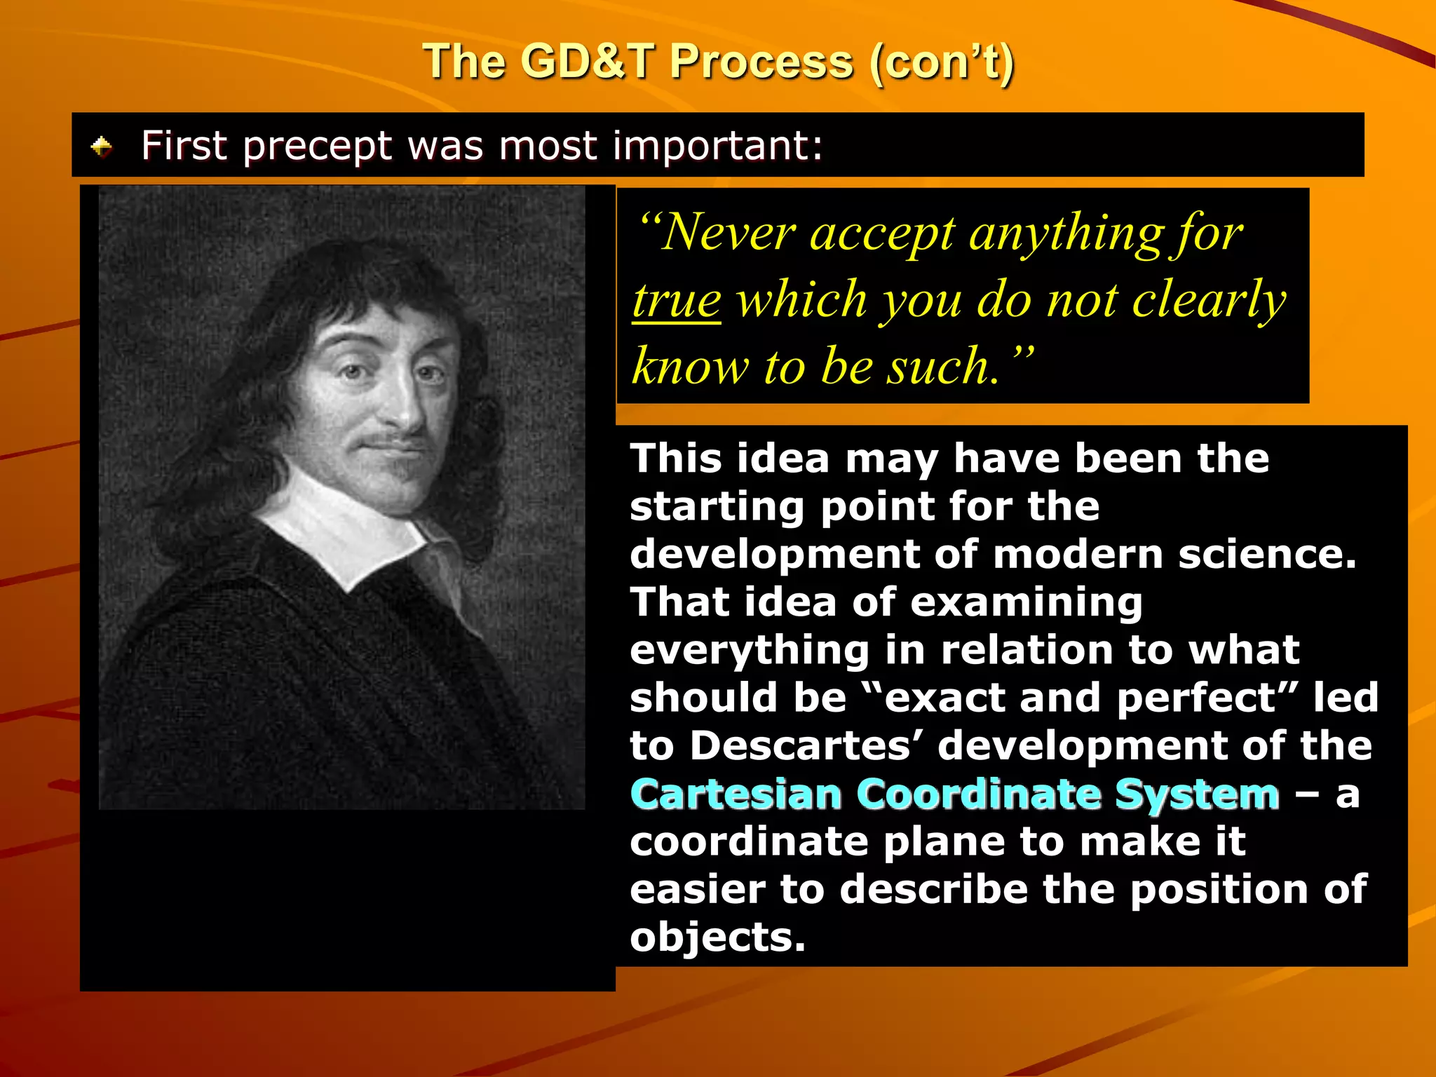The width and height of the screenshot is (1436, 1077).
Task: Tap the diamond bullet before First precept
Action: [x=102, y=147]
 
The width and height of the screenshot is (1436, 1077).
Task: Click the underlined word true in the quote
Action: [x=677, y=300]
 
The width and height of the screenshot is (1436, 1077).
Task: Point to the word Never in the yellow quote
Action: [x=726, y=233]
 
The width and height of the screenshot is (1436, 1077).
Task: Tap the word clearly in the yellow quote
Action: [x=1209, y=300]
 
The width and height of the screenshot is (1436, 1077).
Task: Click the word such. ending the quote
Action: [x=942, y=367]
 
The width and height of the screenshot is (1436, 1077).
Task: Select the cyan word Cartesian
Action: [x=736, y=794]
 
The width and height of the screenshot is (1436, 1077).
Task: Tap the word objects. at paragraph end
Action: [x=717, y=937]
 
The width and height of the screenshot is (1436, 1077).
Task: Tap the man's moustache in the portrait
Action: [x=393, y=443]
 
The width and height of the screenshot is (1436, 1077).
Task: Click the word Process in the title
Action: [x=761, y=62]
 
